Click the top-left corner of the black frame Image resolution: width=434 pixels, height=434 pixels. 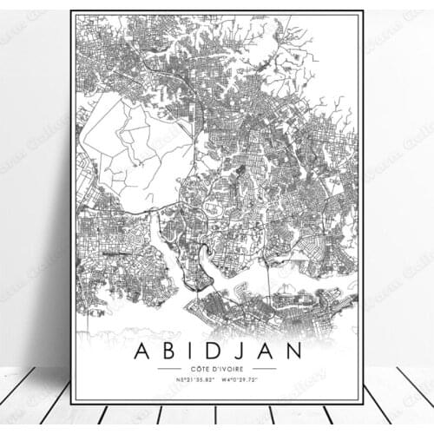(x=71, y=12)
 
